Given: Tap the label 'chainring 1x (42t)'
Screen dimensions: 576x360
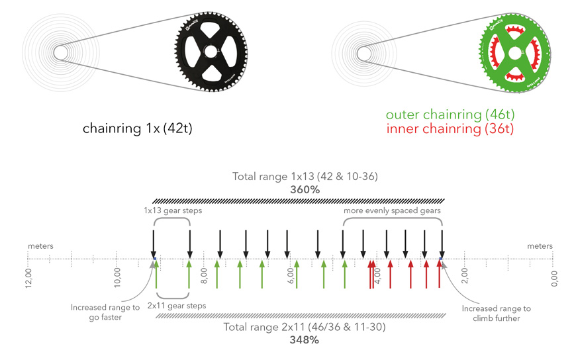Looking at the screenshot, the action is coord(138,128).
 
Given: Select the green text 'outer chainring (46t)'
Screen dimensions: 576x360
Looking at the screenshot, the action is coord(450,114).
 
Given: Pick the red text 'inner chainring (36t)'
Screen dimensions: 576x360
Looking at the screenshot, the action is coord(450,129).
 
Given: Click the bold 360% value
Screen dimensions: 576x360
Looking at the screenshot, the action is coord(305,189).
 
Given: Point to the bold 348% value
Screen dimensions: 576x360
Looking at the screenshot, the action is coord(304,339).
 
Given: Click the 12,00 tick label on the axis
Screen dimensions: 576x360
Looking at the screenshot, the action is coord(28,278).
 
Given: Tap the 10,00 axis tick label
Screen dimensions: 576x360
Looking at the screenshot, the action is coord(117,277).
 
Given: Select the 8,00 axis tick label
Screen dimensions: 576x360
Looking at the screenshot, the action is coord(204,276).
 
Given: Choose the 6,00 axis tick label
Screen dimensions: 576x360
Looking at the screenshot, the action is coord(291,276).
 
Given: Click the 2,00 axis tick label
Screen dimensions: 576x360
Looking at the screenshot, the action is coord(465,276).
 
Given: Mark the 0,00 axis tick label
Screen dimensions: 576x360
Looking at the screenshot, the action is coord(555,279).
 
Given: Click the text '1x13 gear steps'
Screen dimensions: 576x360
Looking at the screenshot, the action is coord(173,211).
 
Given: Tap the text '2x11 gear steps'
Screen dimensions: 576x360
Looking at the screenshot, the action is coord(177,306).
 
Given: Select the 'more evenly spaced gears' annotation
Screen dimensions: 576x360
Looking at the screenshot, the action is coord(392,211).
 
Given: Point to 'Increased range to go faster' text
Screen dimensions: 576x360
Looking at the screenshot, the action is coord(105,312).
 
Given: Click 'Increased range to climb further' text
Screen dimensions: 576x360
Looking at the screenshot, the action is coord(497,314).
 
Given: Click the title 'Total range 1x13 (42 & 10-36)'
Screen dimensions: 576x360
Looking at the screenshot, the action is coord(305,177).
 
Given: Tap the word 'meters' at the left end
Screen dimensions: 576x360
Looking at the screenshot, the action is coord(41,246).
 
